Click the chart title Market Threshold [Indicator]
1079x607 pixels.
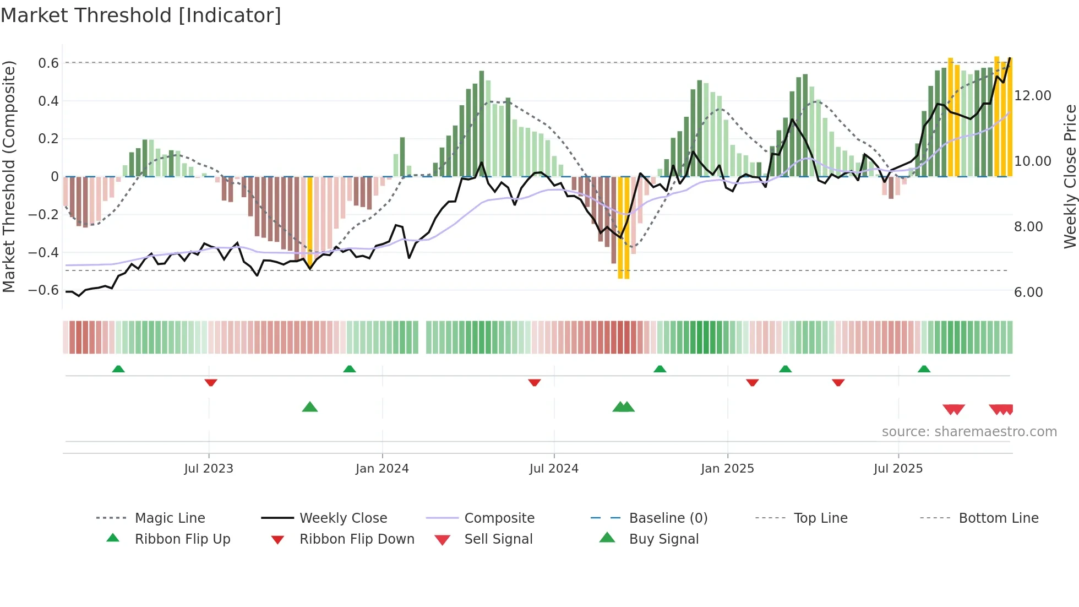pyautogui.click(x=141, y=15)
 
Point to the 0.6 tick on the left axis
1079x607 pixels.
pyautogui.click(x=48, y=63)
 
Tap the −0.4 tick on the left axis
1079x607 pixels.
pyautogui.click(x=43, y=253)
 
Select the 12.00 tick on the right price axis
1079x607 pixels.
pyautogui.click(x=1032, y=96)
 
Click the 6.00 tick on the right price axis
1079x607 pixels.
pyautogui.click(x=1028, y=292)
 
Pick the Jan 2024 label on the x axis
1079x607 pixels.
pyautogui.click(x=382, y=469)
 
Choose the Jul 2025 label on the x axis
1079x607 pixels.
pyautogui.click(x=898, y=469)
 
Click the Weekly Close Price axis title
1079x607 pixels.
pyautogui.click(x=1070, y=176)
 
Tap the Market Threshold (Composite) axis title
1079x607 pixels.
pyautogui.click(x=9, y=176)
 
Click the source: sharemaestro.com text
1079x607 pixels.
pyautogui.click(x=969, y=432)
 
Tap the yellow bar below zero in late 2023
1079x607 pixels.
pyautogui.click(x=310, y=220)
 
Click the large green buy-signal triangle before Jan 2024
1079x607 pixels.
pyautogui.click(x=310, y=407)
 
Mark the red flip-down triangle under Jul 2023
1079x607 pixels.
pyautogui.click(x=210, y=382)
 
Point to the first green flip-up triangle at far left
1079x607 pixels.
pyautogui.click(x=118, y=369)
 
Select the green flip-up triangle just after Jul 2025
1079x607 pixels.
pyautogui.click(x=924, y=369)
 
